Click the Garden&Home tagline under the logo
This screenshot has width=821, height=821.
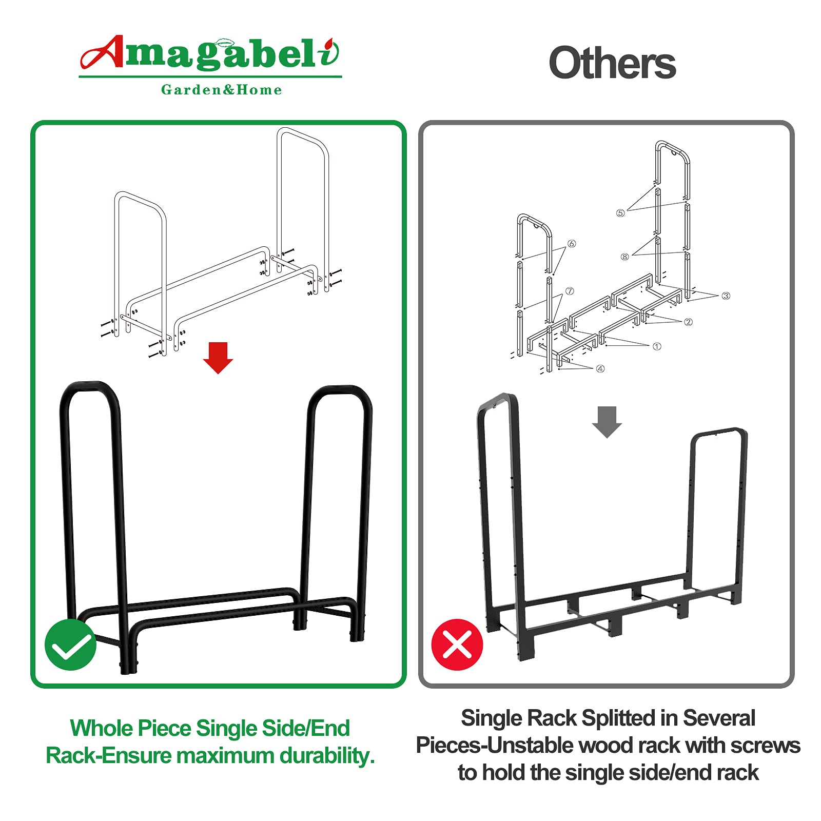tap(221, 90)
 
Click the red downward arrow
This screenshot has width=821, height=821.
tap(218, 358)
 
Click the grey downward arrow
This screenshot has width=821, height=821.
tap(607, 422)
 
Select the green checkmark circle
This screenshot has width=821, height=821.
tap(70, 644)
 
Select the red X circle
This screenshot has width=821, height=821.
tap(457, 644)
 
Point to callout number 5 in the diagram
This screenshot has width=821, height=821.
tap(620, 213)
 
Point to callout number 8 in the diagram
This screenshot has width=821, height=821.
tap(624, 257)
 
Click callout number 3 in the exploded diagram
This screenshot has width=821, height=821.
tap(726, 296)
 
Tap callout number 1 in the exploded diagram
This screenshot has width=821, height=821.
tap(657, 346)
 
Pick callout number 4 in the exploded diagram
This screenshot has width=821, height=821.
tap(600, 368)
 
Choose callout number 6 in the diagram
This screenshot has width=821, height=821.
tap(572, 244)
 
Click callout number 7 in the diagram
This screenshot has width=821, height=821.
tap(570, 291)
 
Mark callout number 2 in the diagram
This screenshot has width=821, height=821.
tap(689, 322)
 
